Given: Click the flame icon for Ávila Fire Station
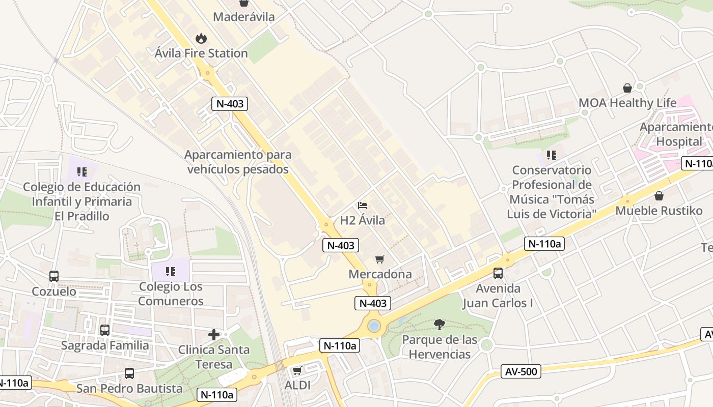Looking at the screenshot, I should coord(201,38).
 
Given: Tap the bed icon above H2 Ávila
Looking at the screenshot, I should coord(363,206).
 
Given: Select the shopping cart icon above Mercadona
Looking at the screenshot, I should coord(379,259).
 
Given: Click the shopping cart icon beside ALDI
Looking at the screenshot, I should coord(297,370).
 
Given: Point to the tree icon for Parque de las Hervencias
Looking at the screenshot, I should coord(439,324).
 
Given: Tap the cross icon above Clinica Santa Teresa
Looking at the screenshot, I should coord(214,335).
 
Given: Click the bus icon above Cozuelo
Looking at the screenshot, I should coord(54,276).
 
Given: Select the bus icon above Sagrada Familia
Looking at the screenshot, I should coord(105,330).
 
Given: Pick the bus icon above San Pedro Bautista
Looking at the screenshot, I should coord(129,373).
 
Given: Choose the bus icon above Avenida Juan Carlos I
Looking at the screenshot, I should coord(498,273).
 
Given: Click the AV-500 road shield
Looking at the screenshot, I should coord(522,371).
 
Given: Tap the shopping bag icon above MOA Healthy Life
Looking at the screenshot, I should coord(627,88).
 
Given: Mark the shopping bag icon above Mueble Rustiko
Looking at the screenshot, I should coord(659,196).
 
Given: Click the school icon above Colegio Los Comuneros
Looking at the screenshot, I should coord(171,272).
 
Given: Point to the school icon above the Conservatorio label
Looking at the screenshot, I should coord(551,155).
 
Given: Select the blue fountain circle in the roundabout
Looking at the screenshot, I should coord(374,326).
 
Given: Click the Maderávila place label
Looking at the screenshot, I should coord(243,17).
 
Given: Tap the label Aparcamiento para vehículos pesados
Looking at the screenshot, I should coord(238,162).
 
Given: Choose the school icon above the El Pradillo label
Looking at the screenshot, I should coord(81,172).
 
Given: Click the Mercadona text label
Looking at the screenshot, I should coord(380,274).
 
